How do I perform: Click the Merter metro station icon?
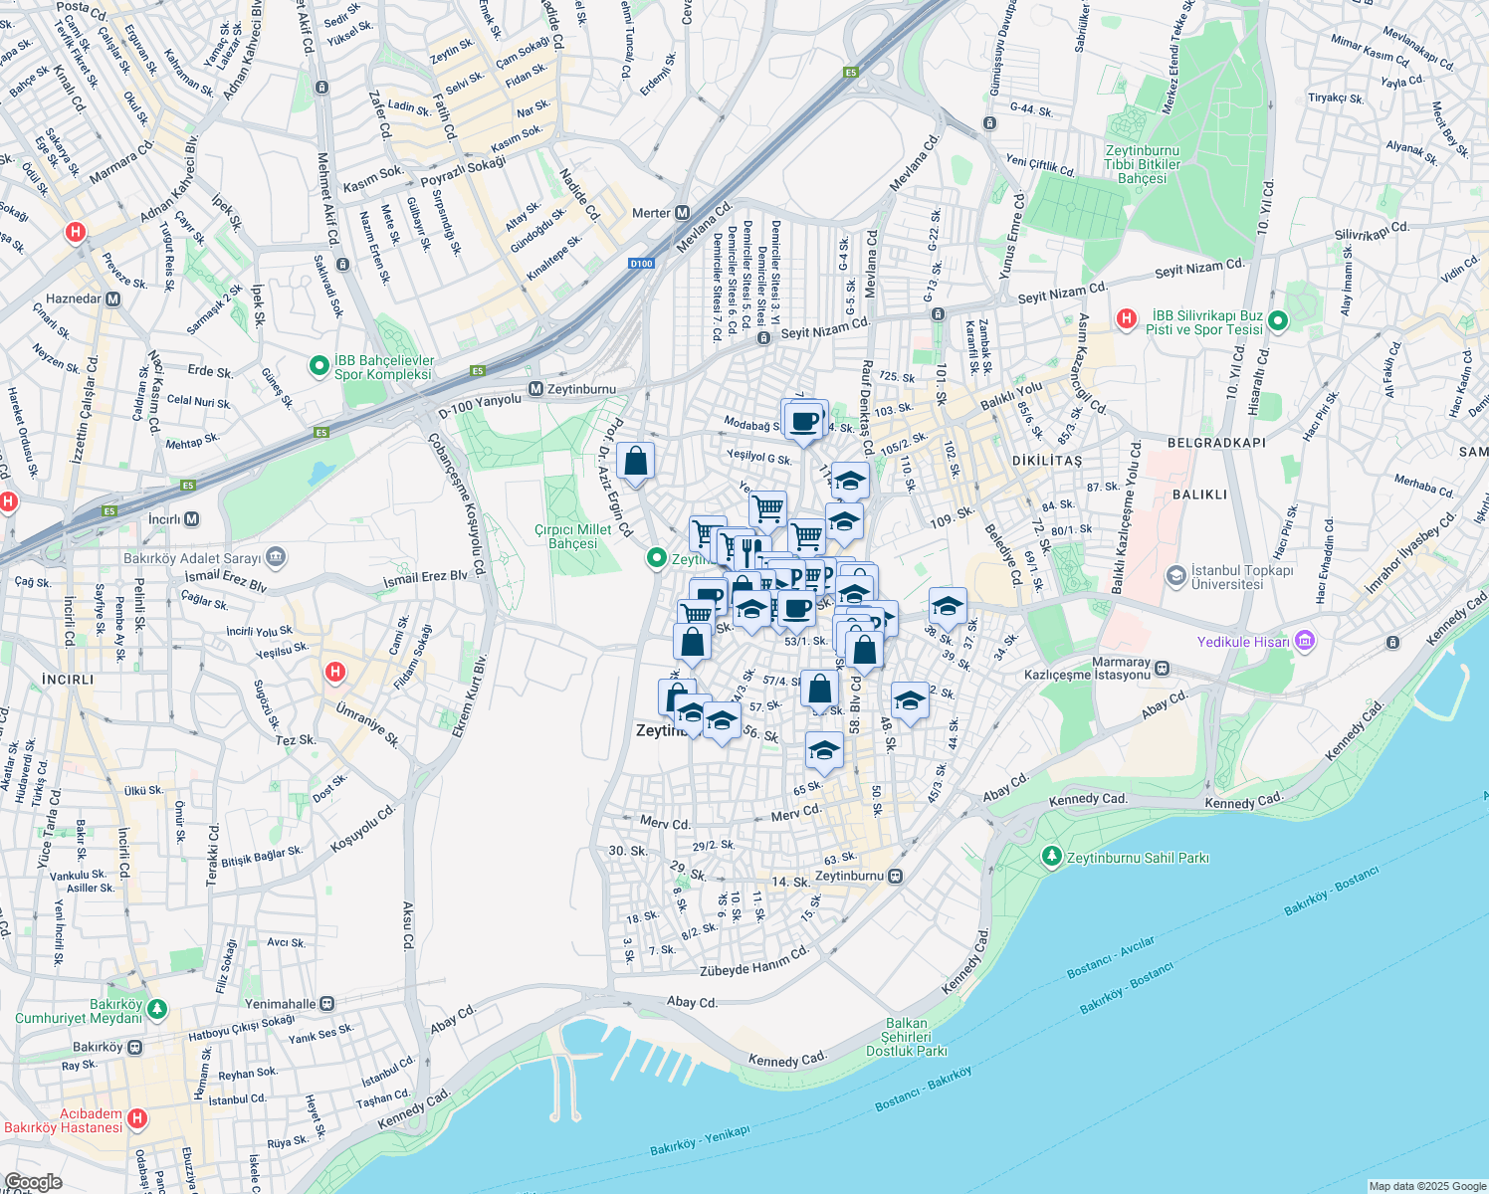click(x=683, y=213)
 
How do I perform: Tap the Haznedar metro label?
click(x=73, y=298)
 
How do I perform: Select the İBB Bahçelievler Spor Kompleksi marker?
click(x=319, y=366)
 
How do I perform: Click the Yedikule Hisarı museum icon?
click(x=1305, y=642)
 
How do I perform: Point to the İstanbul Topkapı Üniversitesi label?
click(x=1242, y=577)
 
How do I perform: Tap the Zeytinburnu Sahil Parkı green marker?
click(x=1051, y=856)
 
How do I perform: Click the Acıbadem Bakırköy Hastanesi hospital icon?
click(x=137, y=1118)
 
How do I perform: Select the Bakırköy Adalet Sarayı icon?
click(x=276, y=557)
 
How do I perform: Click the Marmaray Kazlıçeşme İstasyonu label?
click(x=1087, y=669)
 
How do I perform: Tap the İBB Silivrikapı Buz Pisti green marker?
click(x=1279, y=320)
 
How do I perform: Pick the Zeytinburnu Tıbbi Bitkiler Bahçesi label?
click(x=1142, y=165)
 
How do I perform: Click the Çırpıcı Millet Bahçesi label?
click(x=573, y=537)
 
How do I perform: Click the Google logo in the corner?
click(x=33, y=1182)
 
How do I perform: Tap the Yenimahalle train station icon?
click(x=327, y=1004)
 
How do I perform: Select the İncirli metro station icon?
click(x=192, y=519)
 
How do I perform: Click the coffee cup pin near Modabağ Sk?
click(x=804, y=420)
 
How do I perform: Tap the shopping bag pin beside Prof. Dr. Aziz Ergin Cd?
click(x=635, y=462)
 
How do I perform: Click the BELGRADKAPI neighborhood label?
click(x=1216, y=443)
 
